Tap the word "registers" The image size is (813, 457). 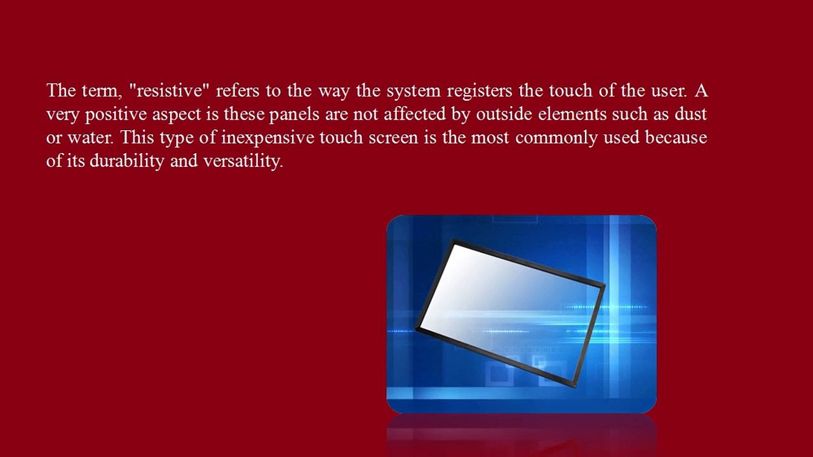tap(480, 91)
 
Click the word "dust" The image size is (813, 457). tap(690, 115)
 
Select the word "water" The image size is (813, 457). tap(88, 138)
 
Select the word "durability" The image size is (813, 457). tap(126, 161)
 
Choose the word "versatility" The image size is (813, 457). tap(243, 161)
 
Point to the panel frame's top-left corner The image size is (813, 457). tap(453, 241)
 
